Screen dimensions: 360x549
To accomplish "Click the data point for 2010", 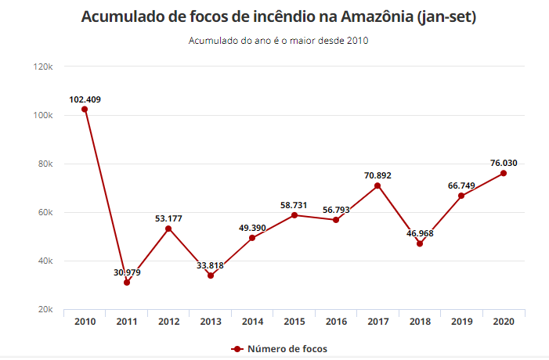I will (85, 109).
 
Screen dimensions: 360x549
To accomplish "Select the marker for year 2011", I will (127, 283).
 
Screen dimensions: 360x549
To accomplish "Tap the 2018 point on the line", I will (420, 243).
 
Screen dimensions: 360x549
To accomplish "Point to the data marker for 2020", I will (504, 173).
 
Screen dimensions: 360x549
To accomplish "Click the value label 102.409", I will (85, 99).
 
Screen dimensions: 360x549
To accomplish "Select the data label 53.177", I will (168, 218).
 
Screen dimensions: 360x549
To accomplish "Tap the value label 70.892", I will (377, 175).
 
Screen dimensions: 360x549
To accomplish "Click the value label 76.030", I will (504, 163).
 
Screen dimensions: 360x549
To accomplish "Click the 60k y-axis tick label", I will (44, 213).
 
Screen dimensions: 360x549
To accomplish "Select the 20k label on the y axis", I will (44, 310).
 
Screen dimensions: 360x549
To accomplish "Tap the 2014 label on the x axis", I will (252, 321).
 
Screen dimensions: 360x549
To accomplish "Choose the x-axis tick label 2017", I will (377, 321).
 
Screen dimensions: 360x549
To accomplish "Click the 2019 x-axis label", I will (461, 321).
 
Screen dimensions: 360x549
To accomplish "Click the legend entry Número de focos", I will (287, 348).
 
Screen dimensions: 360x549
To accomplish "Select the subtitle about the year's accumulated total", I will (278, 41).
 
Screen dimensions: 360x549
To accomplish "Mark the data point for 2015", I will (294, 215).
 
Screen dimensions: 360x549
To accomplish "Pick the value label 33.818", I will (211, 265).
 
